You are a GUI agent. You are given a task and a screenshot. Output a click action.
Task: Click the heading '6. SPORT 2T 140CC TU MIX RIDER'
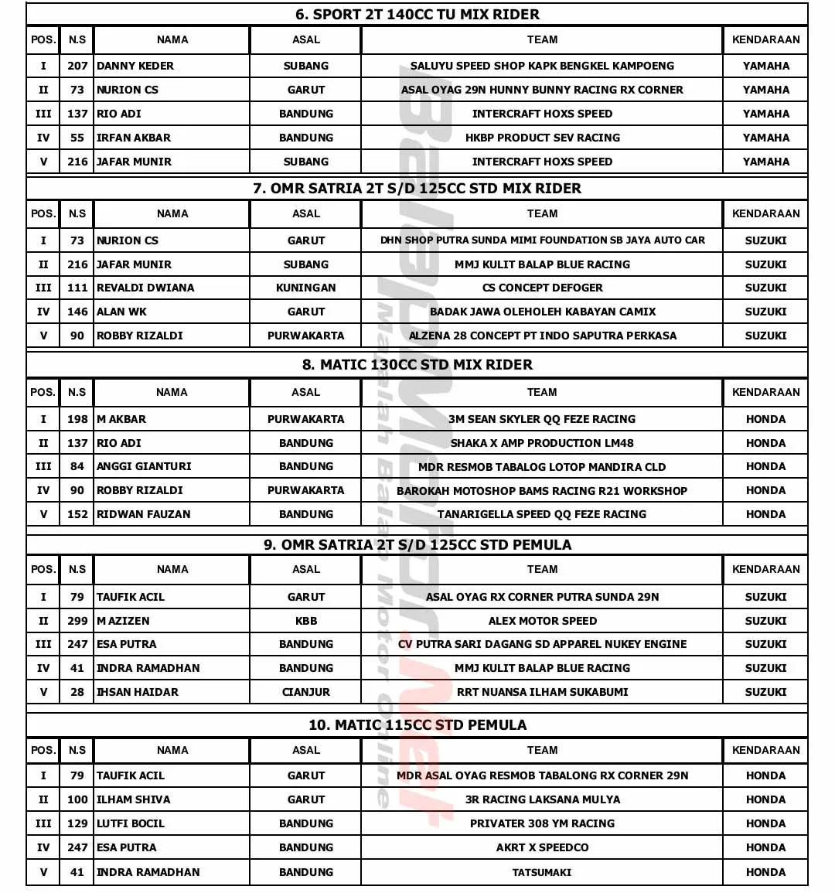[417, 14]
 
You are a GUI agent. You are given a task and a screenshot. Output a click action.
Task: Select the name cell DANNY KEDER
[135, 66]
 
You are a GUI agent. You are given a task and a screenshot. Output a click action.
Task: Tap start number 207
[77, 66]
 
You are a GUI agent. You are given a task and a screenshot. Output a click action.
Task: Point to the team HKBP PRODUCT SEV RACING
[542, 138]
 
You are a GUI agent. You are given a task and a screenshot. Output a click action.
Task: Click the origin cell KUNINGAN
[305, 288]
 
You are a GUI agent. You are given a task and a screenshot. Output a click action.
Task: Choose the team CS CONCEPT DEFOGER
[542, 288]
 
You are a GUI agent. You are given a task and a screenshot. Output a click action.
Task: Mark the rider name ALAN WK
[121, 312]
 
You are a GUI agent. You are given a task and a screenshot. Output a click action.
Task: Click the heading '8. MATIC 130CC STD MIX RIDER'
[417, 364]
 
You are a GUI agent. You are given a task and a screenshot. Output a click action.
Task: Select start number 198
[77, 419]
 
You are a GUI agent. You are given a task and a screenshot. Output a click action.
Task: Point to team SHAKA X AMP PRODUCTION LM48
[542, 443]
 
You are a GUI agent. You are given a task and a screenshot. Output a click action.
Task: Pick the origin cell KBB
[305, 621]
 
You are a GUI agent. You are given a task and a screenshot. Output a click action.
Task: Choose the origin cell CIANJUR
[305, 692]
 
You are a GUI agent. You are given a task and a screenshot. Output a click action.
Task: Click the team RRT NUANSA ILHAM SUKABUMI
[542, 692]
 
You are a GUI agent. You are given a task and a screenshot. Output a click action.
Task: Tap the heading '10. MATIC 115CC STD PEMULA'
[417, 724]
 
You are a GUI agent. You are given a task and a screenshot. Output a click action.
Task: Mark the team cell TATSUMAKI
[542, 872]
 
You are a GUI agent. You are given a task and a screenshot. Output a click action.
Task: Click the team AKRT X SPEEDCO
[542, 847]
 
